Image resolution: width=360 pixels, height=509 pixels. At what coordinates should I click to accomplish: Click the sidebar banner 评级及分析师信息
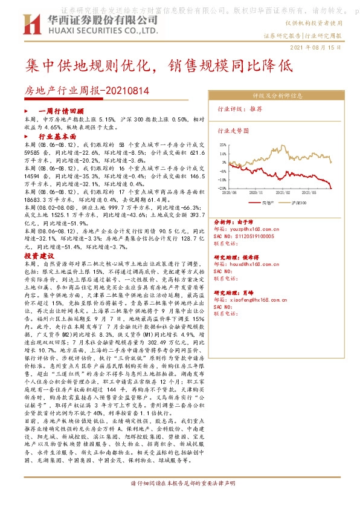coord(277,96)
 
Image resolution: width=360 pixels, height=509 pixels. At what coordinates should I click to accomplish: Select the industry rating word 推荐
coord(256,109)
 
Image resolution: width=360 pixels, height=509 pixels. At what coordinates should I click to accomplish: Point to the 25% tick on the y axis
coord(223,146)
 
